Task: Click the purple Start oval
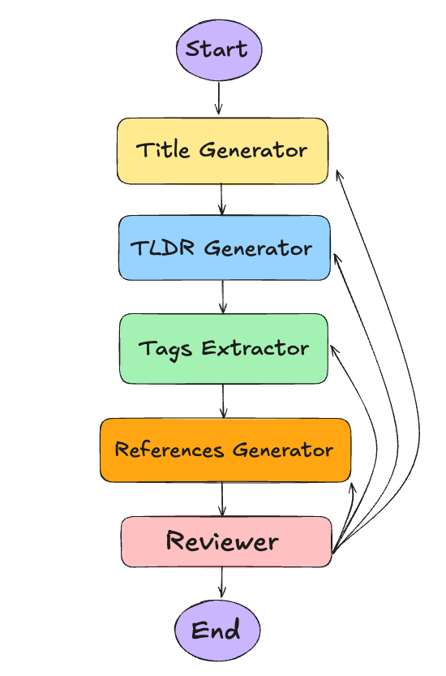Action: tap(218, 50)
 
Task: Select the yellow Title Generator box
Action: tap(222, 151)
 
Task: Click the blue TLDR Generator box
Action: tap(224, 248)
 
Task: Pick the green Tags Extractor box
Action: tap(223, 348)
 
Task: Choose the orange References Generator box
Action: tap(225, 450)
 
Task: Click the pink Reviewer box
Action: tap(225, 541)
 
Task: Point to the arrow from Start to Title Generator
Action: tap(218, 98)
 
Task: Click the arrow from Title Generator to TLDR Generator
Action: tap(221, 200)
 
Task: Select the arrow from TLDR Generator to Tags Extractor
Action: tap(223, 297)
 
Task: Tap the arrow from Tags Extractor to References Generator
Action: tap(223, 401)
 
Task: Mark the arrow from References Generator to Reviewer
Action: tap(222, 499)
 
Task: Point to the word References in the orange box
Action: tap(169, 450)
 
